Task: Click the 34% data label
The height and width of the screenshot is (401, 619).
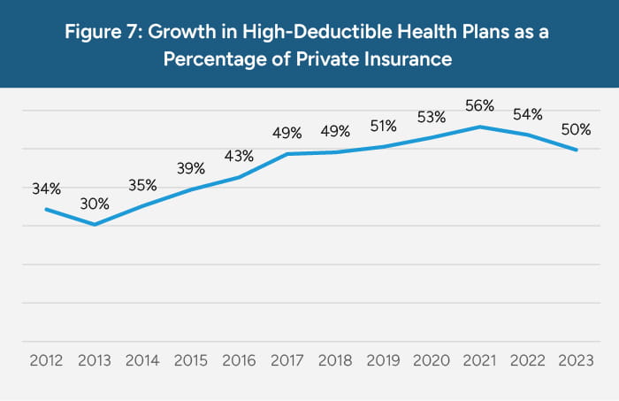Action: [x=47, y=189]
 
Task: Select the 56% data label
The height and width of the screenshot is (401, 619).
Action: [x=480, y=105]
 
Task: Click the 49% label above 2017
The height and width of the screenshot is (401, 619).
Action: [x=287, y=133]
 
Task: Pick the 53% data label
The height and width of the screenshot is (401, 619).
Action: [x=432, y=116]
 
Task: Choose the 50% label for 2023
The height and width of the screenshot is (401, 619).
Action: [x=576, y=129]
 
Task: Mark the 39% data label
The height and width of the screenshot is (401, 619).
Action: [x=191, y=168]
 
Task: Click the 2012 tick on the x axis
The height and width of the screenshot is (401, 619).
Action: [x=46, y=361]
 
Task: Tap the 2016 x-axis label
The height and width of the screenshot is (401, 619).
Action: [x=239, y=361]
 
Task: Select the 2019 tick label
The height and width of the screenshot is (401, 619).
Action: [x=383, y=361]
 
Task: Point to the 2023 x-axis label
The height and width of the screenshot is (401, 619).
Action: [x=576, y=361]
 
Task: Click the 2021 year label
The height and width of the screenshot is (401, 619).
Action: [x=479, y=361]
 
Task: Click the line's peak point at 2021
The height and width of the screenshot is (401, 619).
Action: [x=480, y=127]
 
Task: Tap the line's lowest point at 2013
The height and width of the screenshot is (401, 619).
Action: [x=94, y=225]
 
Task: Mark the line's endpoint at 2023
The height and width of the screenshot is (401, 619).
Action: [x=577, y=150]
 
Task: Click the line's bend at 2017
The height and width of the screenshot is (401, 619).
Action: [x=287, y=154]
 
